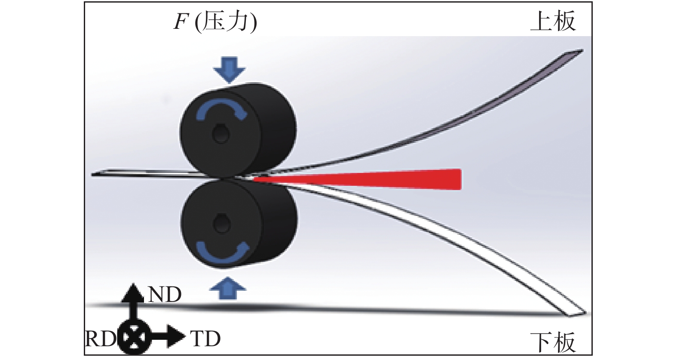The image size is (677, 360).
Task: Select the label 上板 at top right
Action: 553,21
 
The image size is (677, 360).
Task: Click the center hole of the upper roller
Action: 221,133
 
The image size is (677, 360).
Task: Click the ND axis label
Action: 165,295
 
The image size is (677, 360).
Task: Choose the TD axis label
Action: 205,339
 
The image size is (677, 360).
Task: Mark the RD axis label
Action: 101,339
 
